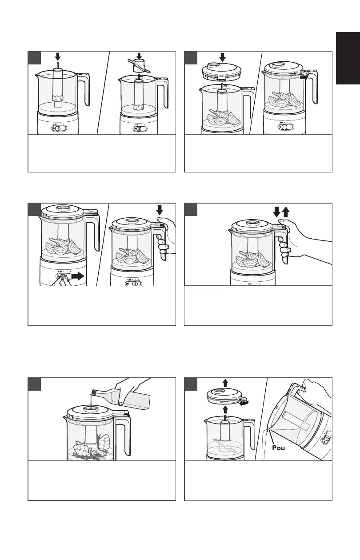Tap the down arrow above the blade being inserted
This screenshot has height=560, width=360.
click(x=139, y=56)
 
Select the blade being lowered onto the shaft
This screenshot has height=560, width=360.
click(x=139, y=66)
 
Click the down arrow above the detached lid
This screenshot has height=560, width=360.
click(x=223, y=57)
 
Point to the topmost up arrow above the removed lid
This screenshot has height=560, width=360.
click(x=226, y=382)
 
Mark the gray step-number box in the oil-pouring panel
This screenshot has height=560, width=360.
click(x=35, y=384)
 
